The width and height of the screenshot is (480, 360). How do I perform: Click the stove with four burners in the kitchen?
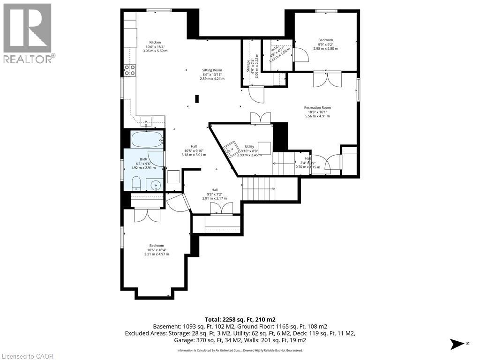(130, 70)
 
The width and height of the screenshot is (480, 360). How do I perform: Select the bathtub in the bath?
(147, 140)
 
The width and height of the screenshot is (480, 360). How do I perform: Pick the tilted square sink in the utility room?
(231, 150)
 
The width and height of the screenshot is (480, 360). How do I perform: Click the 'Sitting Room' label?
(212, 70)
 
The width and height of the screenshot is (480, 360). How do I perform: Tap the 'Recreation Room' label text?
(317, 108)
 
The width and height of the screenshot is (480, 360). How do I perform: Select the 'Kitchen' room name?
(156, 42)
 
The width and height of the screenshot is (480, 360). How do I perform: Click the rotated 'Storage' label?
(248, 66)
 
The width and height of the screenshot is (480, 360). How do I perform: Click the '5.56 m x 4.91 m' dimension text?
(317, 116)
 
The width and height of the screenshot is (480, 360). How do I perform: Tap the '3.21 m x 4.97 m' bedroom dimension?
(157, 254)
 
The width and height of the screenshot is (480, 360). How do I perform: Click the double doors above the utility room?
(261, 118)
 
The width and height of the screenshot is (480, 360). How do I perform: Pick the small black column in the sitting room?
(197, 99)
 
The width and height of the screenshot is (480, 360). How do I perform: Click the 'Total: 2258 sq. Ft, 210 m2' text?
(240, 319)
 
